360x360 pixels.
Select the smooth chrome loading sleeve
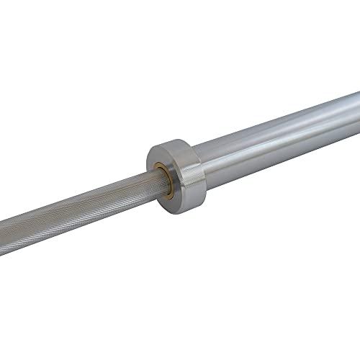click(x=281, y=141)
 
